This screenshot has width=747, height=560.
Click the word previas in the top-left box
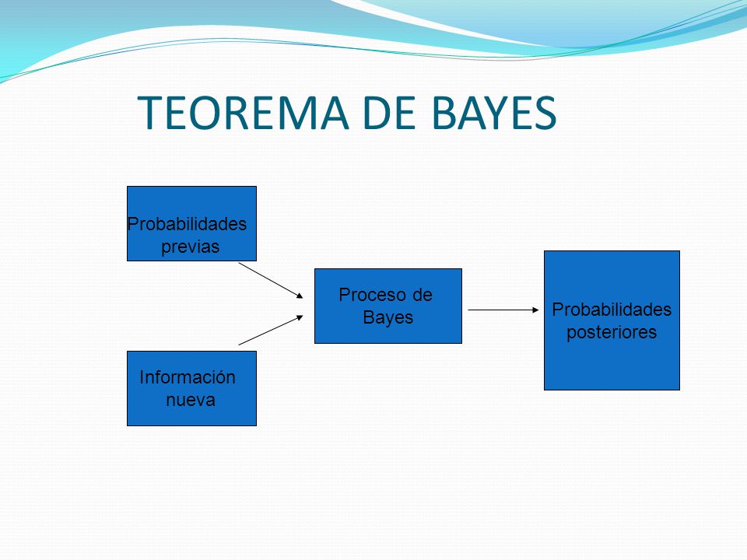click(190, 247)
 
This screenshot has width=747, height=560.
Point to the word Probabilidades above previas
click(187, 224)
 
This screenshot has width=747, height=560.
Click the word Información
click(188, 377)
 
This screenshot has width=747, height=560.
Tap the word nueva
click(191, 400)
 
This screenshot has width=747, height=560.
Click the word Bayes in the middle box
click(388, 317)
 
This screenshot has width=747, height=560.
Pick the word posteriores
click(612, 332)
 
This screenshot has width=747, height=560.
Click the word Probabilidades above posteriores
click(612, 310)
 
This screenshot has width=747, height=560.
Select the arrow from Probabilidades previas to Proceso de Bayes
click(271, 281)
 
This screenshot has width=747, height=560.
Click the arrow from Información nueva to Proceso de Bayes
click(271, 330)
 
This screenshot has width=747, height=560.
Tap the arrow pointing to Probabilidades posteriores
click(503, 310)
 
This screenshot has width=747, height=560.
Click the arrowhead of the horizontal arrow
click(535, 310)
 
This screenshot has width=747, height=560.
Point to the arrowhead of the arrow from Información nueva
click(300, 317)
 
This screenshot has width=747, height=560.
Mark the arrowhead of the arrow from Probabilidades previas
click(300, 296)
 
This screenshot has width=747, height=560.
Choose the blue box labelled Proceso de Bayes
click(388, 306)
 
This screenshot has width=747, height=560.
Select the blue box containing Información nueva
click(191, 389)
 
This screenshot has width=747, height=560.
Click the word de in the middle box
click(422, 295)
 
